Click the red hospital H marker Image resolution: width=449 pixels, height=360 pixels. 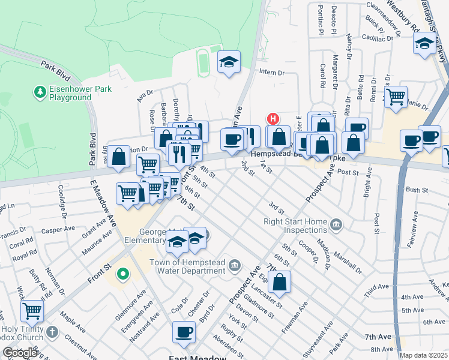click(x=273, y=119)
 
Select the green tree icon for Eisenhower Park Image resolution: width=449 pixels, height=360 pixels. click(x=40, y=92)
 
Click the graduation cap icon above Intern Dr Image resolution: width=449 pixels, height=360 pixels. click(x=228, y=62)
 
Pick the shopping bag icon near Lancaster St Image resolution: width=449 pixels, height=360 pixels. click(x=280, y=281)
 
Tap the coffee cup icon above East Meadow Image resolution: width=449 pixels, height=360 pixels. click(x=184, y=331)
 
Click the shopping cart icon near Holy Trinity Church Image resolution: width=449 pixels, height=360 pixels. click(x=32, y=311)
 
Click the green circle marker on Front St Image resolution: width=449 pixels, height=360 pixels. click(x=123, y=274)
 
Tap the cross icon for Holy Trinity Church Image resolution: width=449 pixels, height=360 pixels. click(x=52, y=331)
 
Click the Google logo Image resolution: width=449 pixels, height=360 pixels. click(x=19, y=353)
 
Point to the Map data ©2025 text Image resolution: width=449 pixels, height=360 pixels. click(x=423, y=355)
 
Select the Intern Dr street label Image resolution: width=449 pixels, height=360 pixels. click(x=271, y=73)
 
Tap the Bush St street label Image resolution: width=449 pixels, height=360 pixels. click(x=416, y=190)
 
